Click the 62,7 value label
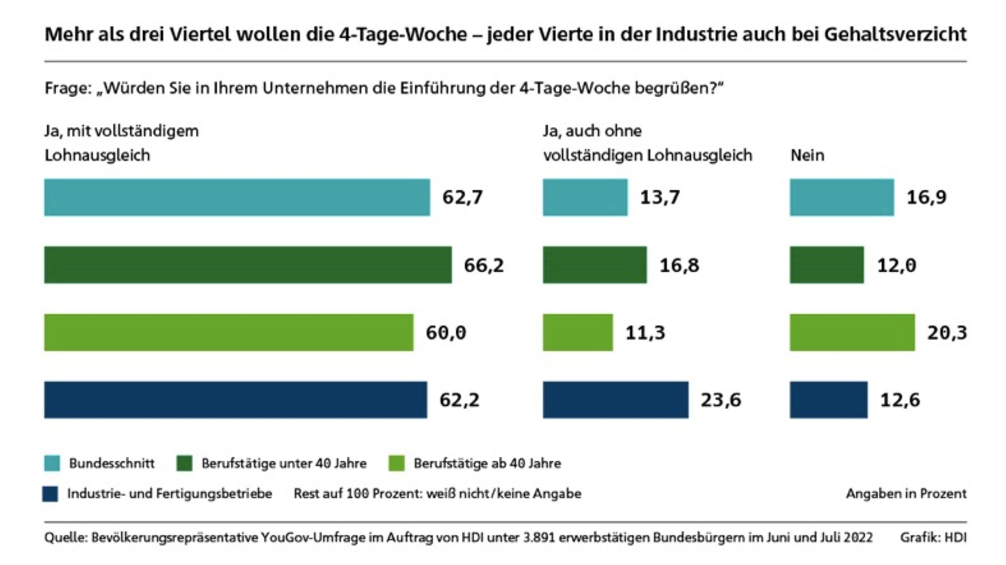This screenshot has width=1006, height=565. pos(462,198)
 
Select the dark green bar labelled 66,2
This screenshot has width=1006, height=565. pos(248,265)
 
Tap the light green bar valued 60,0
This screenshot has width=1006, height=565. pos(228,333)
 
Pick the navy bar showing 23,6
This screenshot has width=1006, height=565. pos(615,400)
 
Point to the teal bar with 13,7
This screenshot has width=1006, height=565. pos(585,198)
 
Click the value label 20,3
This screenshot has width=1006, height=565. pos(947,333)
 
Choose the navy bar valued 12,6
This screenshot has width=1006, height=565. pos(828,400)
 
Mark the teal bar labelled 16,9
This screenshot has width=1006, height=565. pos(841,198)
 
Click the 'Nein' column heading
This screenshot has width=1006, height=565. pos(807,155)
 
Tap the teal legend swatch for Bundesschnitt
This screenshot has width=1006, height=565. pos(52,463)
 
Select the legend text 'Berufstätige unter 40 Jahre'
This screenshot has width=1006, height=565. pos(284,463)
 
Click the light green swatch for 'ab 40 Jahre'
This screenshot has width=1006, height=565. pos(396,463)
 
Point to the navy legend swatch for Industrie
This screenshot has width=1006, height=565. pos(50,494)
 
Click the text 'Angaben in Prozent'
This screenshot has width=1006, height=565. pos(906,494)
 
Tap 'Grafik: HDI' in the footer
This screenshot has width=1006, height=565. pos(933,537)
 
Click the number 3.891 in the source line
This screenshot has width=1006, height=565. pos(539,537)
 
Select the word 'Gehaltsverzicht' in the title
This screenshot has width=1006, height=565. pos(895,34)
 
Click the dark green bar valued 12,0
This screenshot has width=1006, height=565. pos(826,265)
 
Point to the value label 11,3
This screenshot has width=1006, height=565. pos(645,333)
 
